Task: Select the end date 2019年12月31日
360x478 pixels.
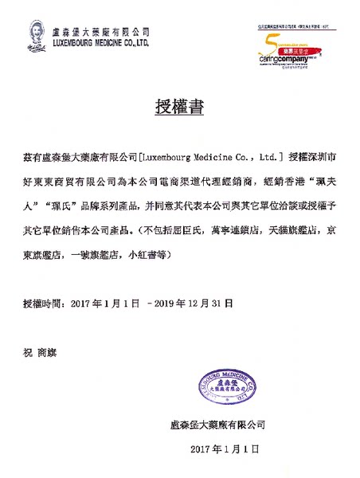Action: (x=194, y=304)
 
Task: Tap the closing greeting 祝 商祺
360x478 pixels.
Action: (x=41, y=350)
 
